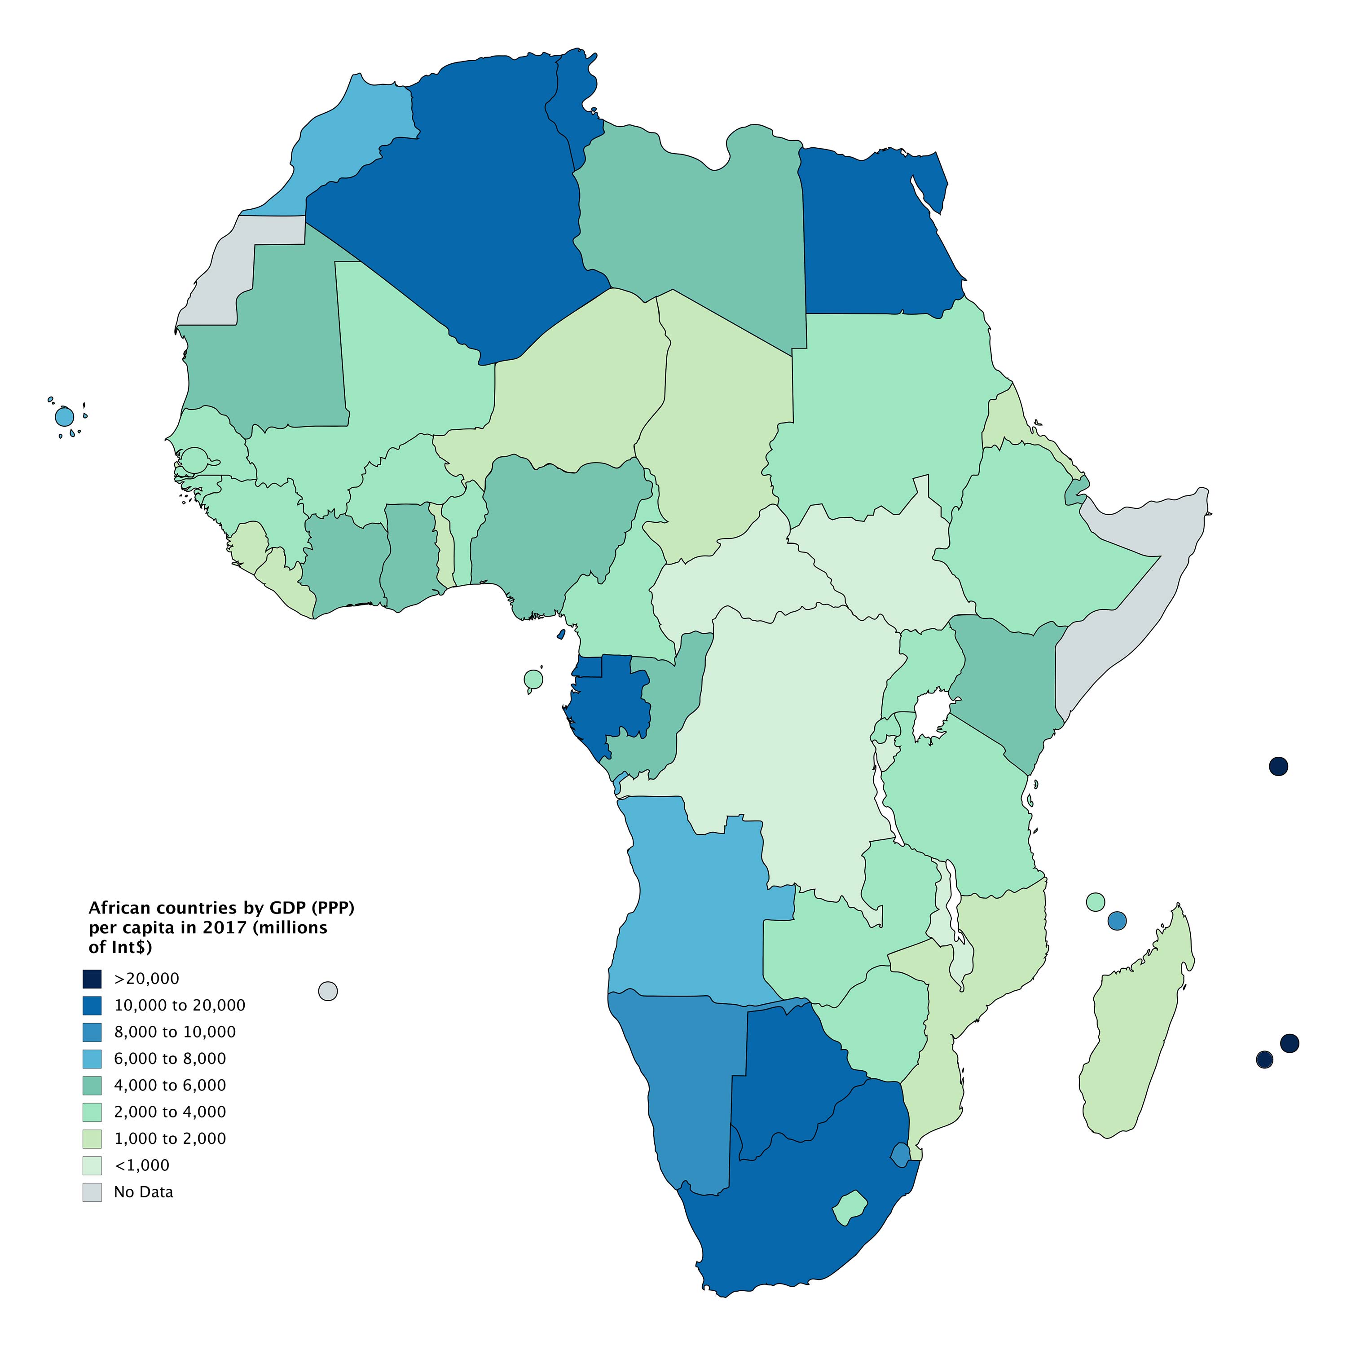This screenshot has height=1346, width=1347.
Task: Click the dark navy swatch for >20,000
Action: [92, 979]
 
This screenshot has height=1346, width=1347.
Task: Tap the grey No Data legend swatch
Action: [92, 1192]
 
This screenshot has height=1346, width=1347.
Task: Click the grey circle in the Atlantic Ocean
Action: [328, 991]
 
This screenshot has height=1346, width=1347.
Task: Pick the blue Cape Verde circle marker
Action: [64, 417]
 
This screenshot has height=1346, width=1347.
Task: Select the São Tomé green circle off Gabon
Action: [533, 679]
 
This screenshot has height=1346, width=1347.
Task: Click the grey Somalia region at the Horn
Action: [1115, 614]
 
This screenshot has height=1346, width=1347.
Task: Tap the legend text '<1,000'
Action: [141, 1165]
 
